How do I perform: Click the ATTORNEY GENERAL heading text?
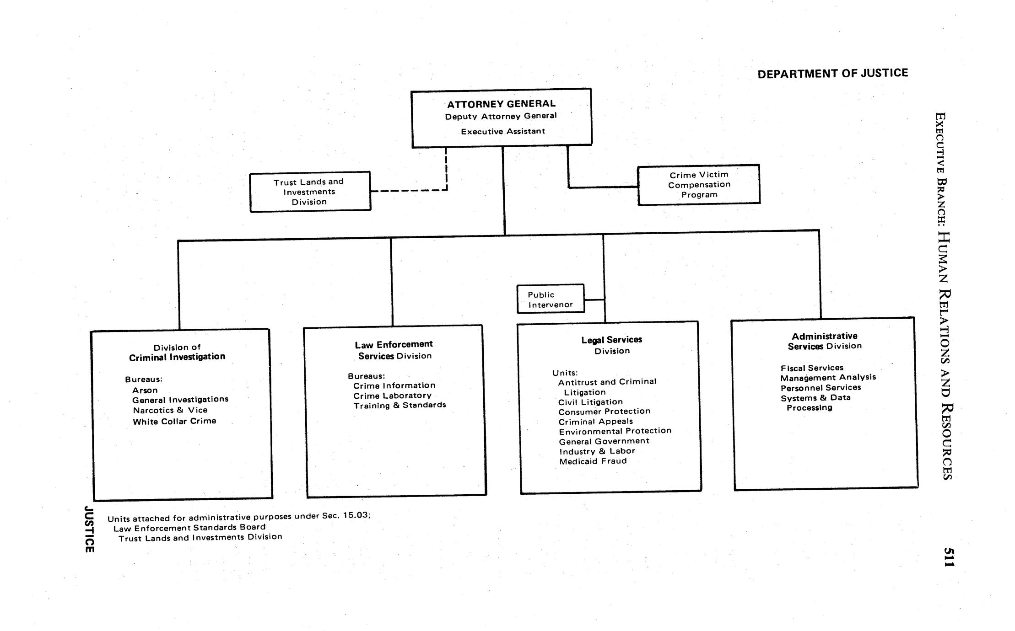501,104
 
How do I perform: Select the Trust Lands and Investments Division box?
310,192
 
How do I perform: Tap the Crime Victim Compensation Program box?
699,185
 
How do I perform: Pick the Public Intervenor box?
551,299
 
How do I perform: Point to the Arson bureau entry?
145,390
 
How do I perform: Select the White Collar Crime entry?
174,421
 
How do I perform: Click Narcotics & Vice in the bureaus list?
170,410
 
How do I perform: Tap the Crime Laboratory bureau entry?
392,396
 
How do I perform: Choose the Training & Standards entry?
400,405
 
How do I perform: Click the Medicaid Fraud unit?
593,461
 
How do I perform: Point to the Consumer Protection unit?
604,411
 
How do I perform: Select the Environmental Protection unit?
615,431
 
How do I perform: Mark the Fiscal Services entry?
812,368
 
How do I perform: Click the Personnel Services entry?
821,387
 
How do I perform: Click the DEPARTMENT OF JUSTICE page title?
832,74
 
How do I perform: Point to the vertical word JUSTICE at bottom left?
90,529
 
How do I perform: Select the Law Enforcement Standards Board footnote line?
189,527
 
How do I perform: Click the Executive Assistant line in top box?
502,131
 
